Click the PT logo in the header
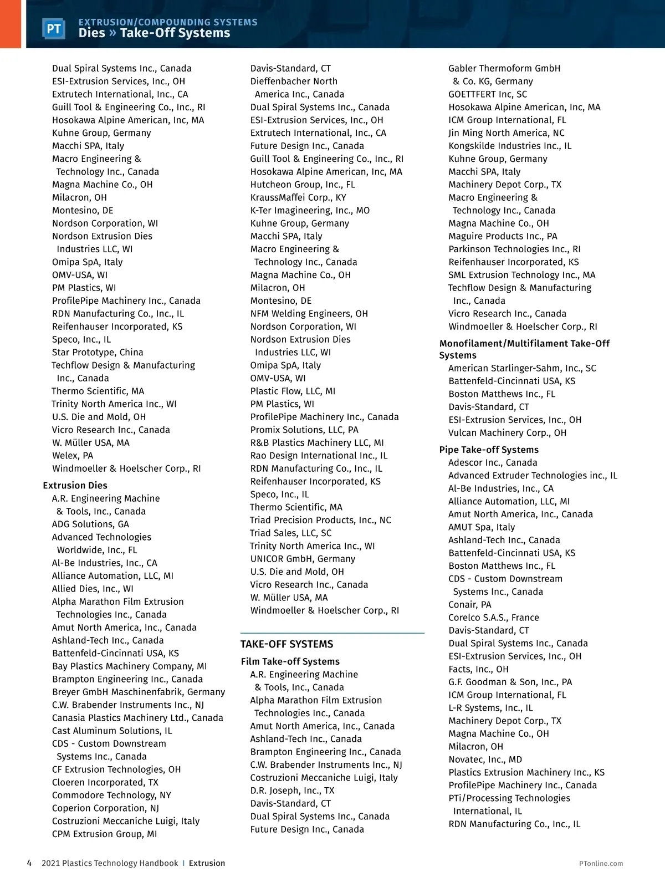(x=54, y=29)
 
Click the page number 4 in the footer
(x=29, y=863)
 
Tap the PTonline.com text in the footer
(x=601, y=863)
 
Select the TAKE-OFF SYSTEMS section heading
(x=287, y=644)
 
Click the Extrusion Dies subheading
(x=75, y=486)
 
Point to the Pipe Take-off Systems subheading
(x=489, y=450)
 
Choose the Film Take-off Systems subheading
(x=290, y=661)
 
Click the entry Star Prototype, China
(x=98, y=353)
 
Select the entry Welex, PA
(x=73, y=456)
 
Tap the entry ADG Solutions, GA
(x=90, y=524)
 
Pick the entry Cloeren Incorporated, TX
(x=105, y=782)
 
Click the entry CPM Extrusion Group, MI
(x=104, y=834)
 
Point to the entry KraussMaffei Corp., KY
(x=298, y=198)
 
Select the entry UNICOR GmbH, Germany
(x=303, y=559)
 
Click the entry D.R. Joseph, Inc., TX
(x=292, y=791)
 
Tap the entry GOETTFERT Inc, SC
(x=488, y=94)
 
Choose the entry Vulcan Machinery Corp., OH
(x=507, y=433)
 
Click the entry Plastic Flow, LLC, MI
(x=293, y=391)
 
